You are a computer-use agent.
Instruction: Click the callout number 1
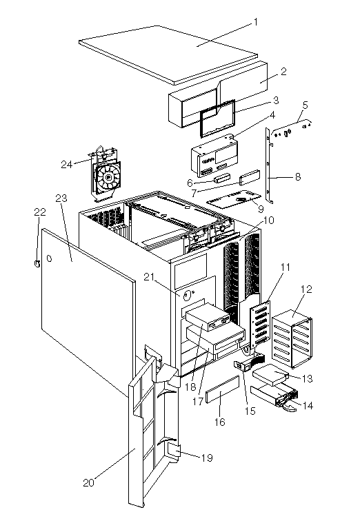[256, 23]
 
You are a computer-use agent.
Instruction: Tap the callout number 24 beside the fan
[67, 165]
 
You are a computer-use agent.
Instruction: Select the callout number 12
[306, 289]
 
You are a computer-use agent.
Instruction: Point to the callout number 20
[89, 483]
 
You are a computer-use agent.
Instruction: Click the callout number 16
[220, 422]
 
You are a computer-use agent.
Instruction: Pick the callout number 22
[40, 212]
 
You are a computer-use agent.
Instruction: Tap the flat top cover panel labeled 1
[168, 54]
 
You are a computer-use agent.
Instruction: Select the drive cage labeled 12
[292, 338]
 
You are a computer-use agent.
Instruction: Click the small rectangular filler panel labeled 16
[222, 389]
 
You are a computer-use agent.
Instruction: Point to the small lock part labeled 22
[37, 263]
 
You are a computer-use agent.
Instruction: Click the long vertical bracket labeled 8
[269, 166]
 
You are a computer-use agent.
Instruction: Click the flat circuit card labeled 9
[234, 198]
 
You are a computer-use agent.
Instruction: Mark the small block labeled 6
[222, 178]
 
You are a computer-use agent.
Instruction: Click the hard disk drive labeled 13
[270, 376]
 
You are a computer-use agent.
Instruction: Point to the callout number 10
[268, 221]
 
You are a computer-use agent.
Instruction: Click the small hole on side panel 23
[49, 258]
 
